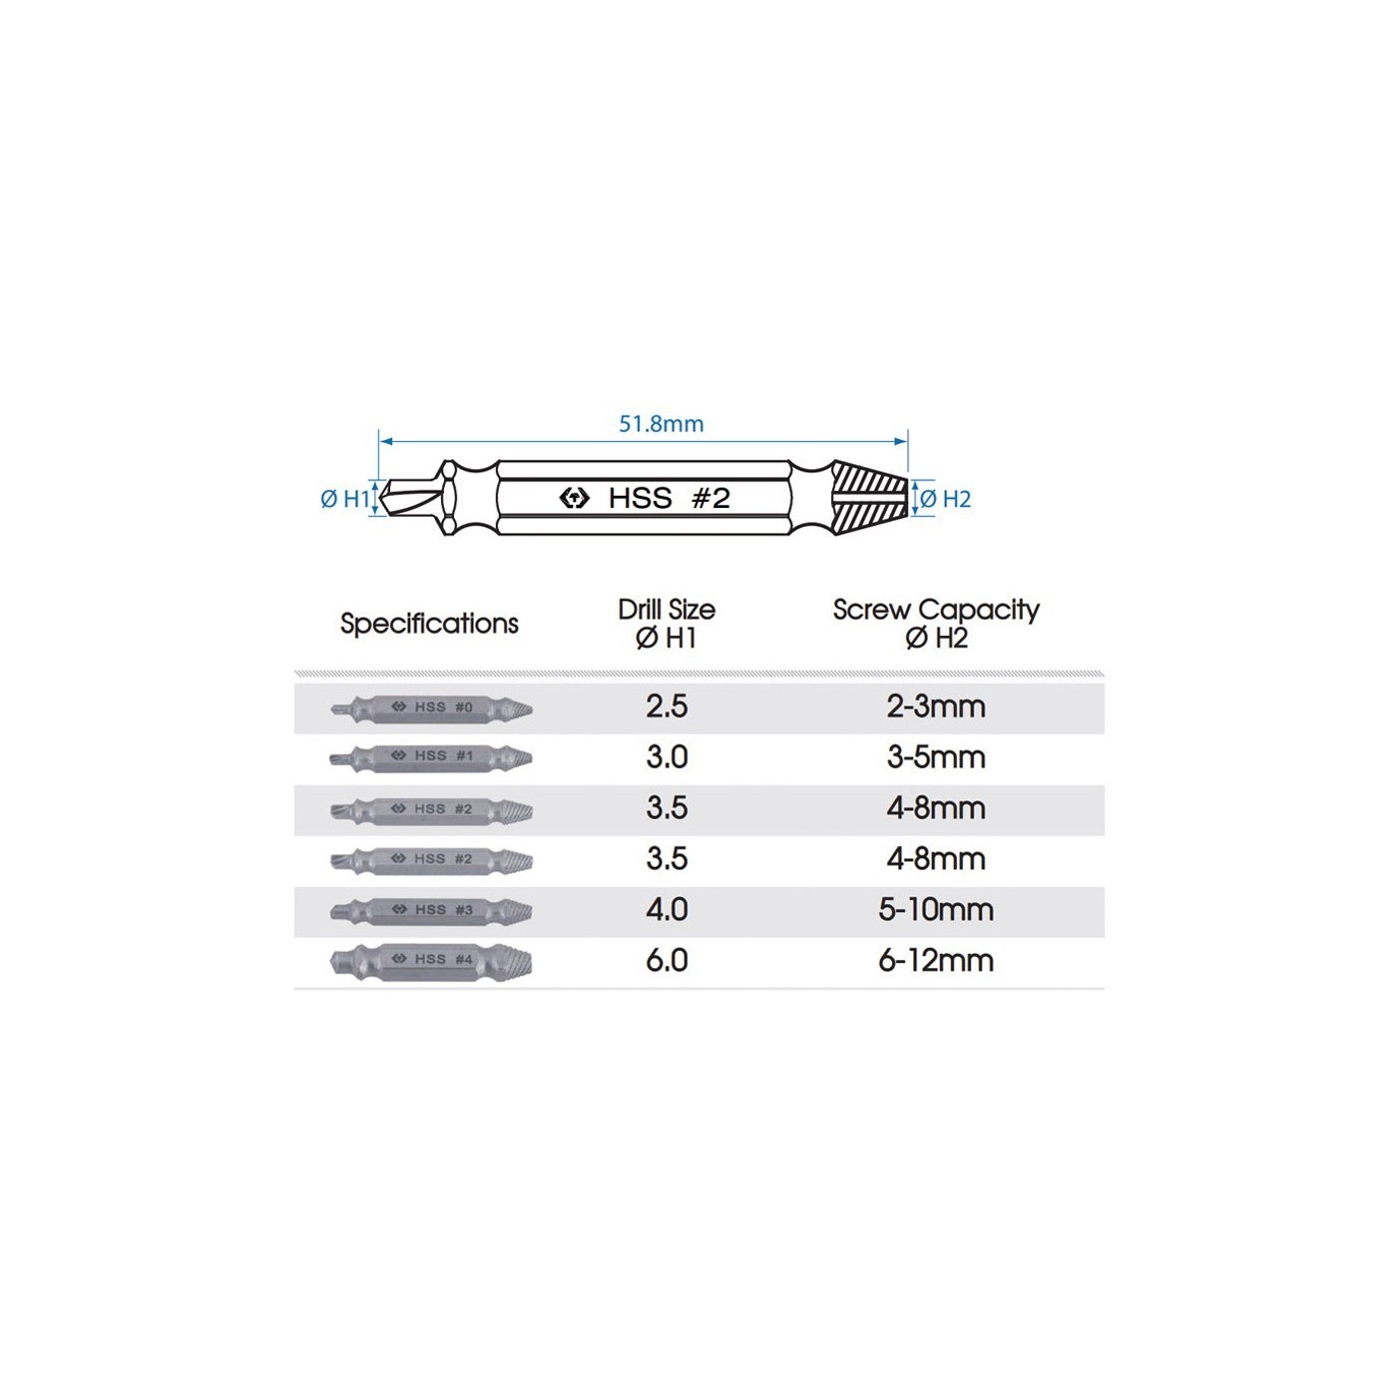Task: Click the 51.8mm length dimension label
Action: click(x=661, y=423)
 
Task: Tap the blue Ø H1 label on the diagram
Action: click(x=345, y=499)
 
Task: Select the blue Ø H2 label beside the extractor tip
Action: click(x=945, y=499)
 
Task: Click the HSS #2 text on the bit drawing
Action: click(x=669, y=498)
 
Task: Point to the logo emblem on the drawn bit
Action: click(x=575, y=498)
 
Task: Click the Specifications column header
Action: click(x=429, y=624)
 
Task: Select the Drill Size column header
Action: click(x=667, y=624)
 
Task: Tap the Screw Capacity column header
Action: click(x=936, y=624)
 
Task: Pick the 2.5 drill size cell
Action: click(x=667, y=706)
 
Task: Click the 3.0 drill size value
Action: click(x=667, y=756)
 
